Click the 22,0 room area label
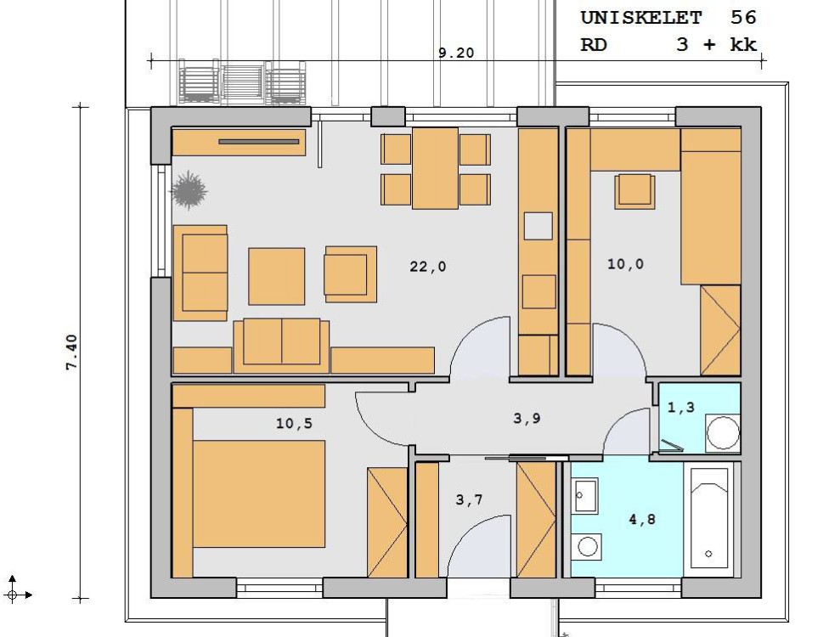[x=427, y=266]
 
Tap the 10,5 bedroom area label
[x=294, y=423]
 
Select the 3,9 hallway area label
[x=527, y=418]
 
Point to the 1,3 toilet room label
[x=681, y=407]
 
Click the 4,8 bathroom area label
[x=642, y=519]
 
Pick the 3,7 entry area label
[x=470, y=500]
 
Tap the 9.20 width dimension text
[x=456, y=53]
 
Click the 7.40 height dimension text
[x=72, y=352]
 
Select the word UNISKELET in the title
[x=641, y=18]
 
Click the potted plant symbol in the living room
[x=188, y=189]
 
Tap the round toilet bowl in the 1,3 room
[x=723, y=432]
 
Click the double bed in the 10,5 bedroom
[x=259, y=493]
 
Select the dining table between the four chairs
[x=435, y=167]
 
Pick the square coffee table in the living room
[x=276, y=276]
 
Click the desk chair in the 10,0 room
[x=634, y=191]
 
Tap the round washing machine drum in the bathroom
[x=588, y=546]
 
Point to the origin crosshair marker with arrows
[x=13, y=595]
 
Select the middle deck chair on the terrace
[x=243, y=83]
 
